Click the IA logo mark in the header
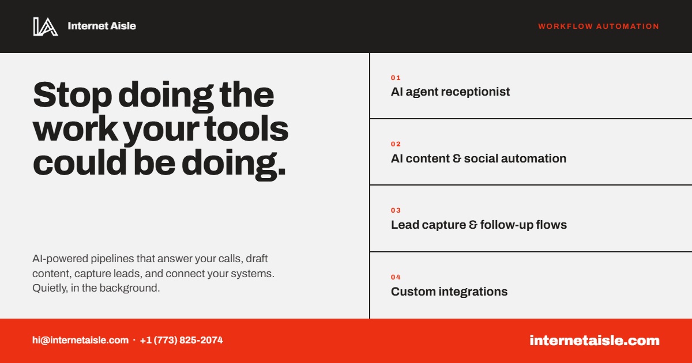coord(46,27)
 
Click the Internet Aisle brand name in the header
coord(101,26)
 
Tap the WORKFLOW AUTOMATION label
coord(599,27)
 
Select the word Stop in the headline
coord(72,95)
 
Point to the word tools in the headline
coord(246,128)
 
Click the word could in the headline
coord(80,162)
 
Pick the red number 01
coord(396,78)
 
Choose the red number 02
coord(396,144)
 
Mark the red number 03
coord(396,210)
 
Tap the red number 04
coord(396,277)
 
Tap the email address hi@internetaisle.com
coord(80,340)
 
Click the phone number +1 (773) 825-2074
coord(181,340)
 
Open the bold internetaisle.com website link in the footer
coord(595,341)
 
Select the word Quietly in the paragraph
coord(50,288)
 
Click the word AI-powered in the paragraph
coord(60,259)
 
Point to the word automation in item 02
coord(533,158)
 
